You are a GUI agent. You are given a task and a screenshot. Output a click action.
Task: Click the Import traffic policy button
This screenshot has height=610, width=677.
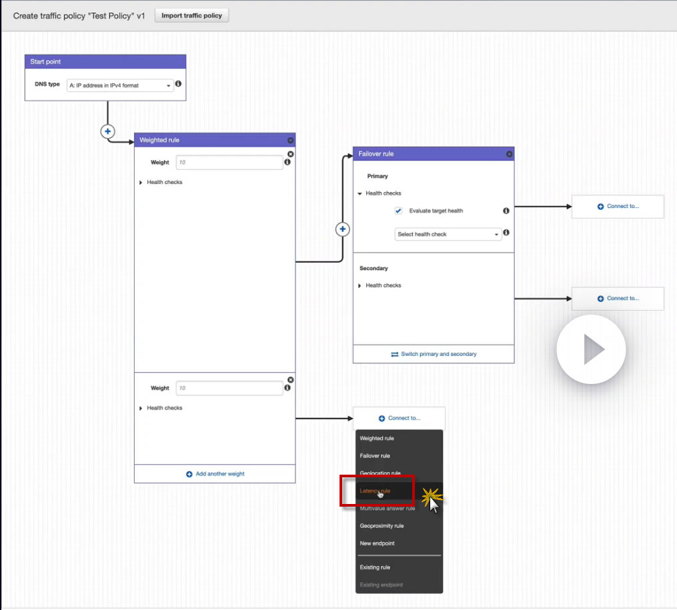191,15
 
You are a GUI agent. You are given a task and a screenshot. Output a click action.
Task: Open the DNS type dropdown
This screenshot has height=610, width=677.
120,85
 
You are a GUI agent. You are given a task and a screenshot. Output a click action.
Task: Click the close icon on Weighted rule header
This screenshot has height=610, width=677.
290,141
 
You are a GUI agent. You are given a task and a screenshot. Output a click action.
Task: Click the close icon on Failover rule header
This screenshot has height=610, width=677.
510,154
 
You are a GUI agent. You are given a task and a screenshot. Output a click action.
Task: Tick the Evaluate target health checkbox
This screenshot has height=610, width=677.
399,211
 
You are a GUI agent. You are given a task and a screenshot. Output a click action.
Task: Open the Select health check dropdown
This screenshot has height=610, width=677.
448,235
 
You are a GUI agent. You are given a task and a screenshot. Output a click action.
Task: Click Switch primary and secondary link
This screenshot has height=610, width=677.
434,354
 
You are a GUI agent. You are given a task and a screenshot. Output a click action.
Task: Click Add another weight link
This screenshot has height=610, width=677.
215,474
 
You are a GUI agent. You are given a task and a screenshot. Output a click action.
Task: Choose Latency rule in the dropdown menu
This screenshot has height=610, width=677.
376,491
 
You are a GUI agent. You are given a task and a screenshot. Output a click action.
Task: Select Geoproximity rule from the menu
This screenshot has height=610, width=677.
382,526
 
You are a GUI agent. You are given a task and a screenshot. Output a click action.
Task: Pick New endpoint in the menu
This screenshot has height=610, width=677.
377,543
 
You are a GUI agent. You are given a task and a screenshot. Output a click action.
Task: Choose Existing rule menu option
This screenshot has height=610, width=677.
375,567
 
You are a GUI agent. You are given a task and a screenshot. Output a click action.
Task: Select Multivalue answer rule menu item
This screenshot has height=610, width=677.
387,509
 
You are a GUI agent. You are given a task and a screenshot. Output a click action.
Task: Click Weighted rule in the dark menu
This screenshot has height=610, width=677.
377,439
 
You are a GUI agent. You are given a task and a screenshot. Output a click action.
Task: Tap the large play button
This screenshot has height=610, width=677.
592,349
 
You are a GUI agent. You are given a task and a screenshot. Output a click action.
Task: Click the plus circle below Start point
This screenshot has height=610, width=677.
107,131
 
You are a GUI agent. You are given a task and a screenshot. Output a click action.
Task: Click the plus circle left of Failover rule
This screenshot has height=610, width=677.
343,229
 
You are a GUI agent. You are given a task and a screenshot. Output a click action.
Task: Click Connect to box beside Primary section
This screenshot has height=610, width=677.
618,207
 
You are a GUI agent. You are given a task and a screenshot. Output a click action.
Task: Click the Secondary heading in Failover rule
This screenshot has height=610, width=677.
374,269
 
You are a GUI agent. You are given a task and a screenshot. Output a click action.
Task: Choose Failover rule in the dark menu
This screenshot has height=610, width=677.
375,456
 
